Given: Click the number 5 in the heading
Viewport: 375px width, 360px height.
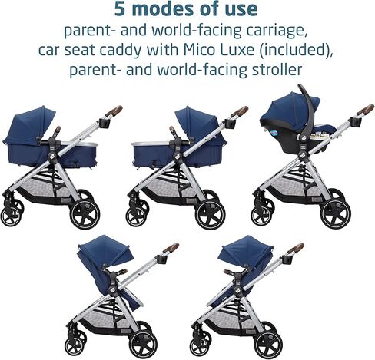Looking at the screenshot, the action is (120, 9).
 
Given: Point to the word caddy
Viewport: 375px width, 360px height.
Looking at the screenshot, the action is (121, 50).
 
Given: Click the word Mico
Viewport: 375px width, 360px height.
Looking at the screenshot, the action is (201, 50).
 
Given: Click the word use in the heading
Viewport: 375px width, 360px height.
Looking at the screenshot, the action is (242, 10).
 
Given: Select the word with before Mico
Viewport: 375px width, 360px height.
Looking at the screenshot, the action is (162, 50).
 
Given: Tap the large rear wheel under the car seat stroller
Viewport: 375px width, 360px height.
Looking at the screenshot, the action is (335, 213).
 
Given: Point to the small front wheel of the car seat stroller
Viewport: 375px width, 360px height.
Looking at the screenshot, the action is (262, 216).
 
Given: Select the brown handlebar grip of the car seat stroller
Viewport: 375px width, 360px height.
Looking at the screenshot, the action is (365, 110).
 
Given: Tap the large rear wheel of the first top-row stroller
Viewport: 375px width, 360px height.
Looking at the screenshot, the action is (85, 213).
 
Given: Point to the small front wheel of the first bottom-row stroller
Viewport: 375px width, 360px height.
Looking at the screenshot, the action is (75, 346).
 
